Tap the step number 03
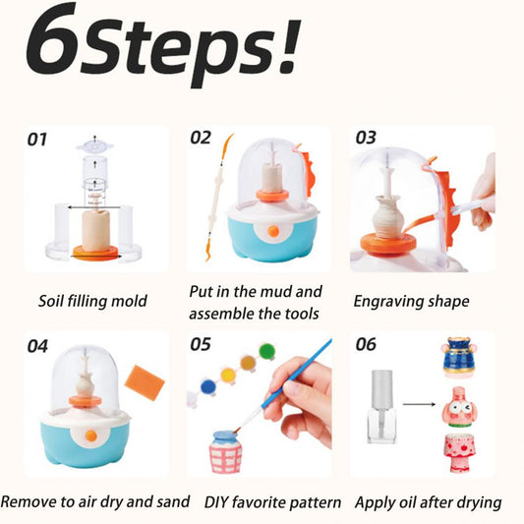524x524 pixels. tap(366, 138)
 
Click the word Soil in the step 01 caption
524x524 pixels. tap(54, 301)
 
